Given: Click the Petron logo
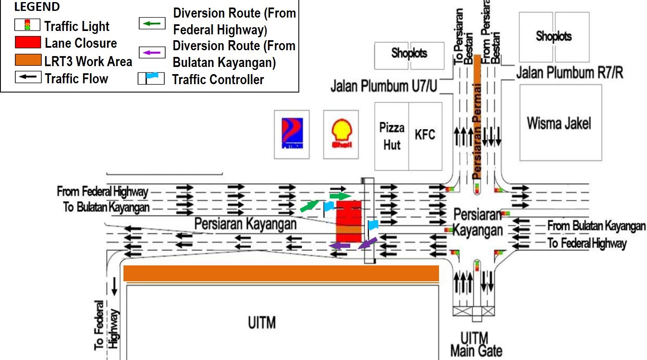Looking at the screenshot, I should (x=292, y=134).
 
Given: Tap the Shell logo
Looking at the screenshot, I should (x=341, y=134).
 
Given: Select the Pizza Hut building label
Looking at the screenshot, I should (x=392, y=136).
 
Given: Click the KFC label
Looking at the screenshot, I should (x=425, y=135).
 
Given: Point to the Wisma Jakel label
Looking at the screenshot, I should (x=559, y=123).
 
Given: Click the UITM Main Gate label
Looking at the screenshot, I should (x=476, y=344).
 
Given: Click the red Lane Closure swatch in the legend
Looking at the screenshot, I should (x=28, y=43).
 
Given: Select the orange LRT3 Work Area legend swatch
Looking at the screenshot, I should (x=28, y=60).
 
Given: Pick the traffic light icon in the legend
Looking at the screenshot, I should (x=28, y=25).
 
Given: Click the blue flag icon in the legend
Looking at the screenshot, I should (x=151, y=78).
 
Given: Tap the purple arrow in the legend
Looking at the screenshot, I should (x=152, y=52).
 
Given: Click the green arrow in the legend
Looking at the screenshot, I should (x=152, y=23).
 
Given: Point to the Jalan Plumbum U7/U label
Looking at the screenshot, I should (x=384, y=86).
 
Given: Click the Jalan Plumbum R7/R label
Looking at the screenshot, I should (x=569, y=73).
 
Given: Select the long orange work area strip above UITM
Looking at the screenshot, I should (x=281, y=273).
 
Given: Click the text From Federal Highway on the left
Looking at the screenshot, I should (x=103, y=192).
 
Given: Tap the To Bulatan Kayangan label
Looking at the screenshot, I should (x=106, y=207).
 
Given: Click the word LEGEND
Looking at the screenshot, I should (x=37, y=7).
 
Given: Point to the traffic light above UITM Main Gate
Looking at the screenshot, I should (x=477, y=265).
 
